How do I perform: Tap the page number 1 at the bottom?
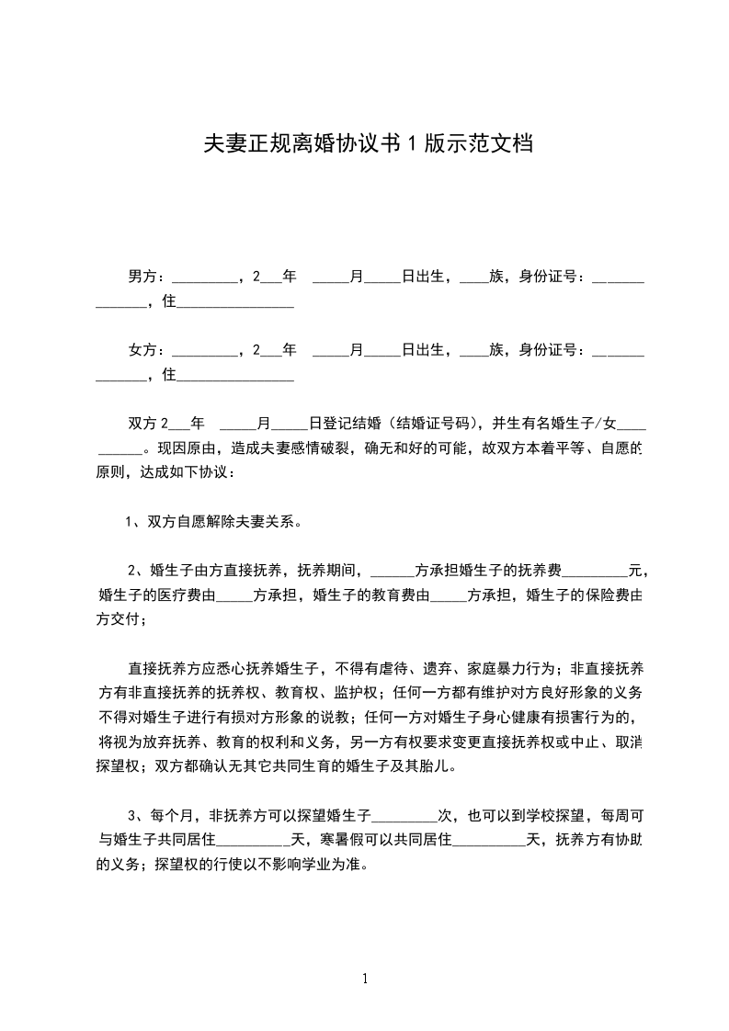click(365, 979)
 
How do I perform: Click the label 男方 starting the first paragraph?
click(142, 275)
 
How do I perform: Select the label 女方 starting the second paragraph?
click(142, 350)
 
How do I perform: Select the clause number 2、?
click(133, 571)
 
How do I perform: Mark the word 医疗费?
click(195, 595)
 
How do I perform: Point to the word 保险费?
click(609, 595)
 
